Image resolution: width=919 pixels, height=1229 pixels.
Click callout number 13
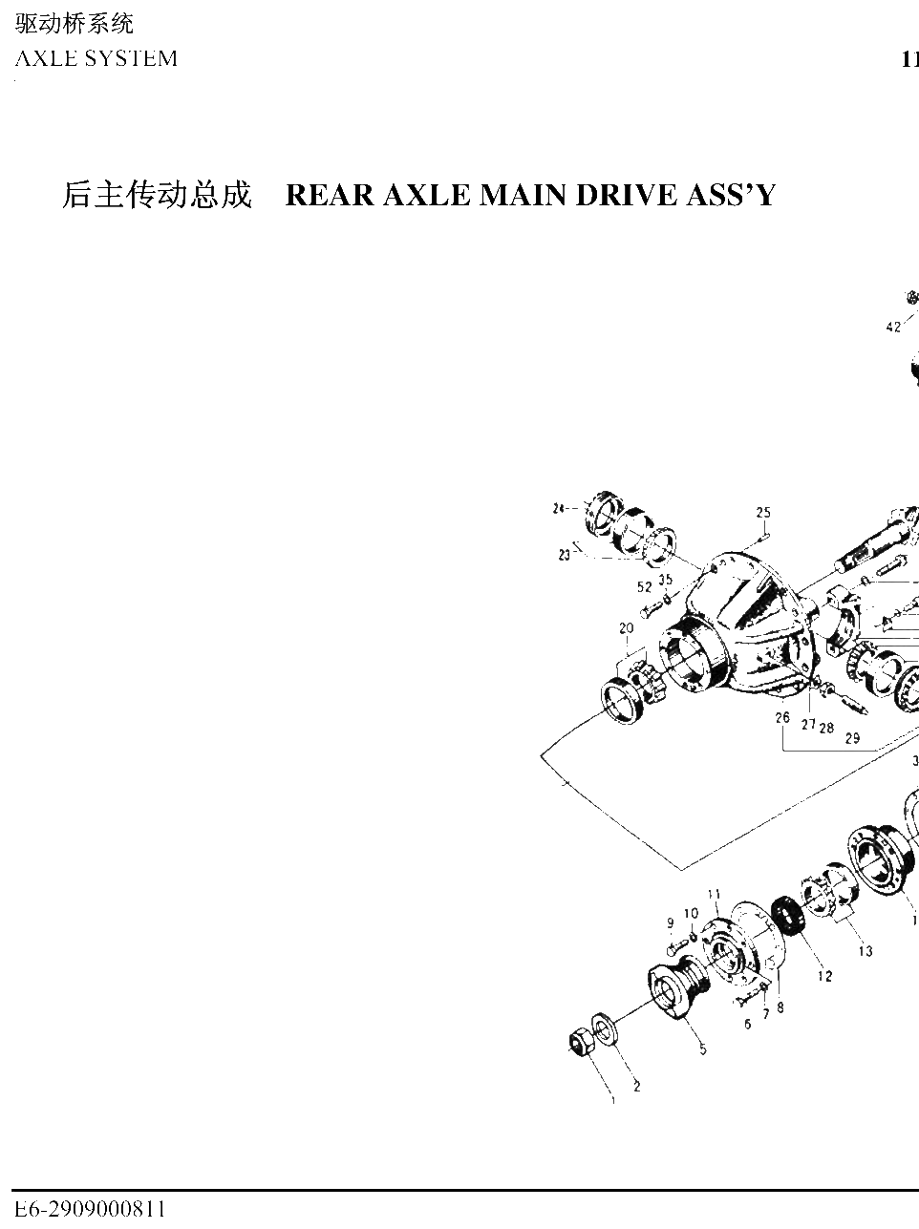tap(866, 951)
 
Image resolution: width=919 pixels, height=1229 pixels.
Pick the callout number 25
tap(763, 512)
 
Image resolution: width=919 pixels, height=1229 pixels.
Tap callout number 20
tap(626, 628)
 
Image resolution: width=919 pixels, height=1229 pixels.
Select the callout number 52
tap(645, 586)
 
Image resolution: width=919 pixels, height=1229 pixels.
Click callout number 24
tap(558, 509)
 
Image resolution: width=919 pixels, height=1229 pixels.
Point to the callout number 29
tap(852, 738)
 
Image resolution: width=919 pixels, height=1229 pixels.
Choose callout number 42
tap(893, 327)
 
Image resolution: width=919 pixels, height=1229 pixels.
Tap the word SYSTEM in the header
tap(131, 58)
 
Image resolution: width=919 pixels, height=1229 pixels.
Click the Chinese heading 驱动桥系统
tap(74, 24)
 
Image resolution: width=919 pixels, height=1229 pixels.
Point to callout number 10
tap(691, 913)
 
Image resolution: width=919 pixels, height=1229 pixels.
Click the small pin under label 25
tap(762, 537)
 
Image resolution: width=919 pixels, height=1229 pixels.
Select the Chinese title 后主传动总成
tap(157, 195)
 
